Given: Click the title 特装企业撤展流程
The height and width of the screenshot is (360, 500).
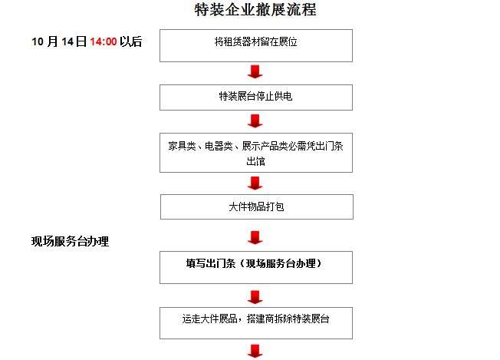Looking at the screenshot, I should [x=255, y=10].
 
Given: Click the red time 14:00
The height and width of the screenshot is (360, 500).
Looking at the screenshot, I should [x=103, y=42].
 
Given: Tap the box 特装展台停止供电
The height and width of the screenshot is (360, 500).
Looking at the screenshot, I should [x=255, y=97].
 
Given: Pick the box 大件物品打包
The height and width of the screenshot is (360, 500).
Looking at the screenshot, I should [x=256, y=207].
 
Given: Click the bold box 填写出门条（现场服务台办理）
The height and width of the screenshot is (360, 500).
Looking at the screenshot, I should [x=255, y=264].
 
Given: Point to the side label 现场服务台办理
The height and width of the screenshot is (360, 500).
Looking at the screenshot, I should [x=70, y=242].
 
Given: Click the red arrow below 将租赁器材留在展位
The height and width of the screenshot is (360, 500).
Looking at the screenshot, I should [x=255, y=72].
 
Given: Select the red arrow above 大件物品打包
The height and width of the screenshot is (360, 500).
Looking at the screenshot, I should [x=255, y=183].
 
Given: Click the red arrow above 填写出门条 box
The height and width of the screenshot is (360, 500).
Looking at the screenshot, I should [x=255, y=237].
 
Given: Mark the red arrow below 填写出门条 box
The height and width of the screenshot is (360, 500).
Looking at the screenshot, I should [x=255, y=296].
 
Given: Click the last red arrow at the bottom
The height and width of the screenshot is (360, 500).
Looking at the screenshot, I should [x=255, y=352].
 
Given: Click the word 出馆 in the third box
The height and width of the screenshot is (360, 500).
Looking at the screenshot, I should [x=255, y=162].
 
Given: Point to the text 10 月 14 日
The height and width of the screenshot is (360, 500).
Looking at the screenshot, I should [x=59, y=42].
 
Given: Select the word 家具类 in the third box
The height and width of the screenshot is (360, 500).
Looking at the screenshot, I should [x=183, y=146].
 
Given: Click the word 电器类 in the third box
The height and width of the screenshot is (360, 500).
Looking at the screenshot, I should [x=219, y=146].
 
